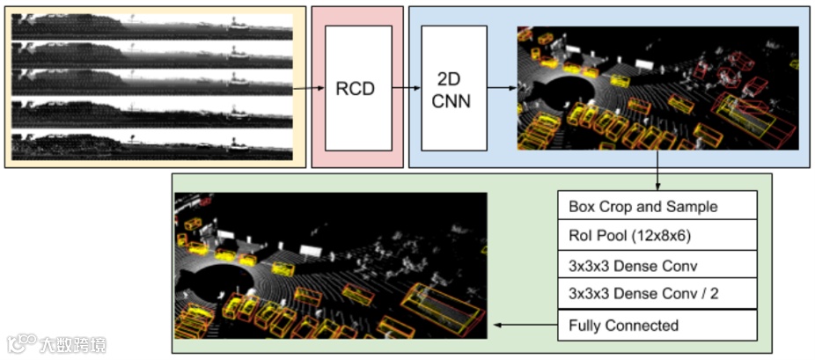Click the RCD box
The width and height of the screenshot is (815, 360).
[x=358, y=87]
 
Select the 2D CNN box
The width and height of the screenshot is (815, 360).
[x=453, y=87]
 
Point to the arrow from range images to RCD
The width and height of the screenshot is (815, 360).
[x=308, y=88]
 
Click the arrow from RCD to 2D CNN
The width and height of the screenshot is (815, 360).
[x=407, y=88]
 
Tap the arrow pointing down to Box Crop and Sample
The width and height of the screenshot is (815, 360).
[x=657, y=180]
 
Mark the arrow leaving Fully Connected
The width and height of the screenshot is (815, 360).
[x=525, y=325]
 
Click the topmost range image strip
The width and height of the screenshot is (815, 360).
[x=151, y=26]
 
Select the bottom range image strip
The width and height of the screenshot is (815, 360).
[x=151, y=145]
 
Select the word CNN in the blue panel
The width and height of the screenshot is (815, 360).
[x=453, y=101]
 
